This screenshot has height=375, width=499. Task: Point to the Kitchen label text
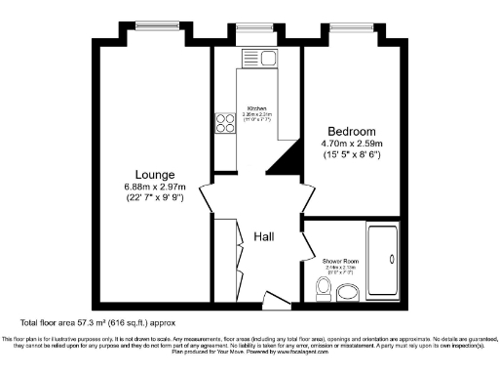(257, 107)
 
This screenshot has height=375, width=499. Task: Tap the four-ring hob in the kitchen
(221, 125)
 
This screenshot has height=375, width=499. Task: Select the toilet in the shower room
(325, 286)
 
